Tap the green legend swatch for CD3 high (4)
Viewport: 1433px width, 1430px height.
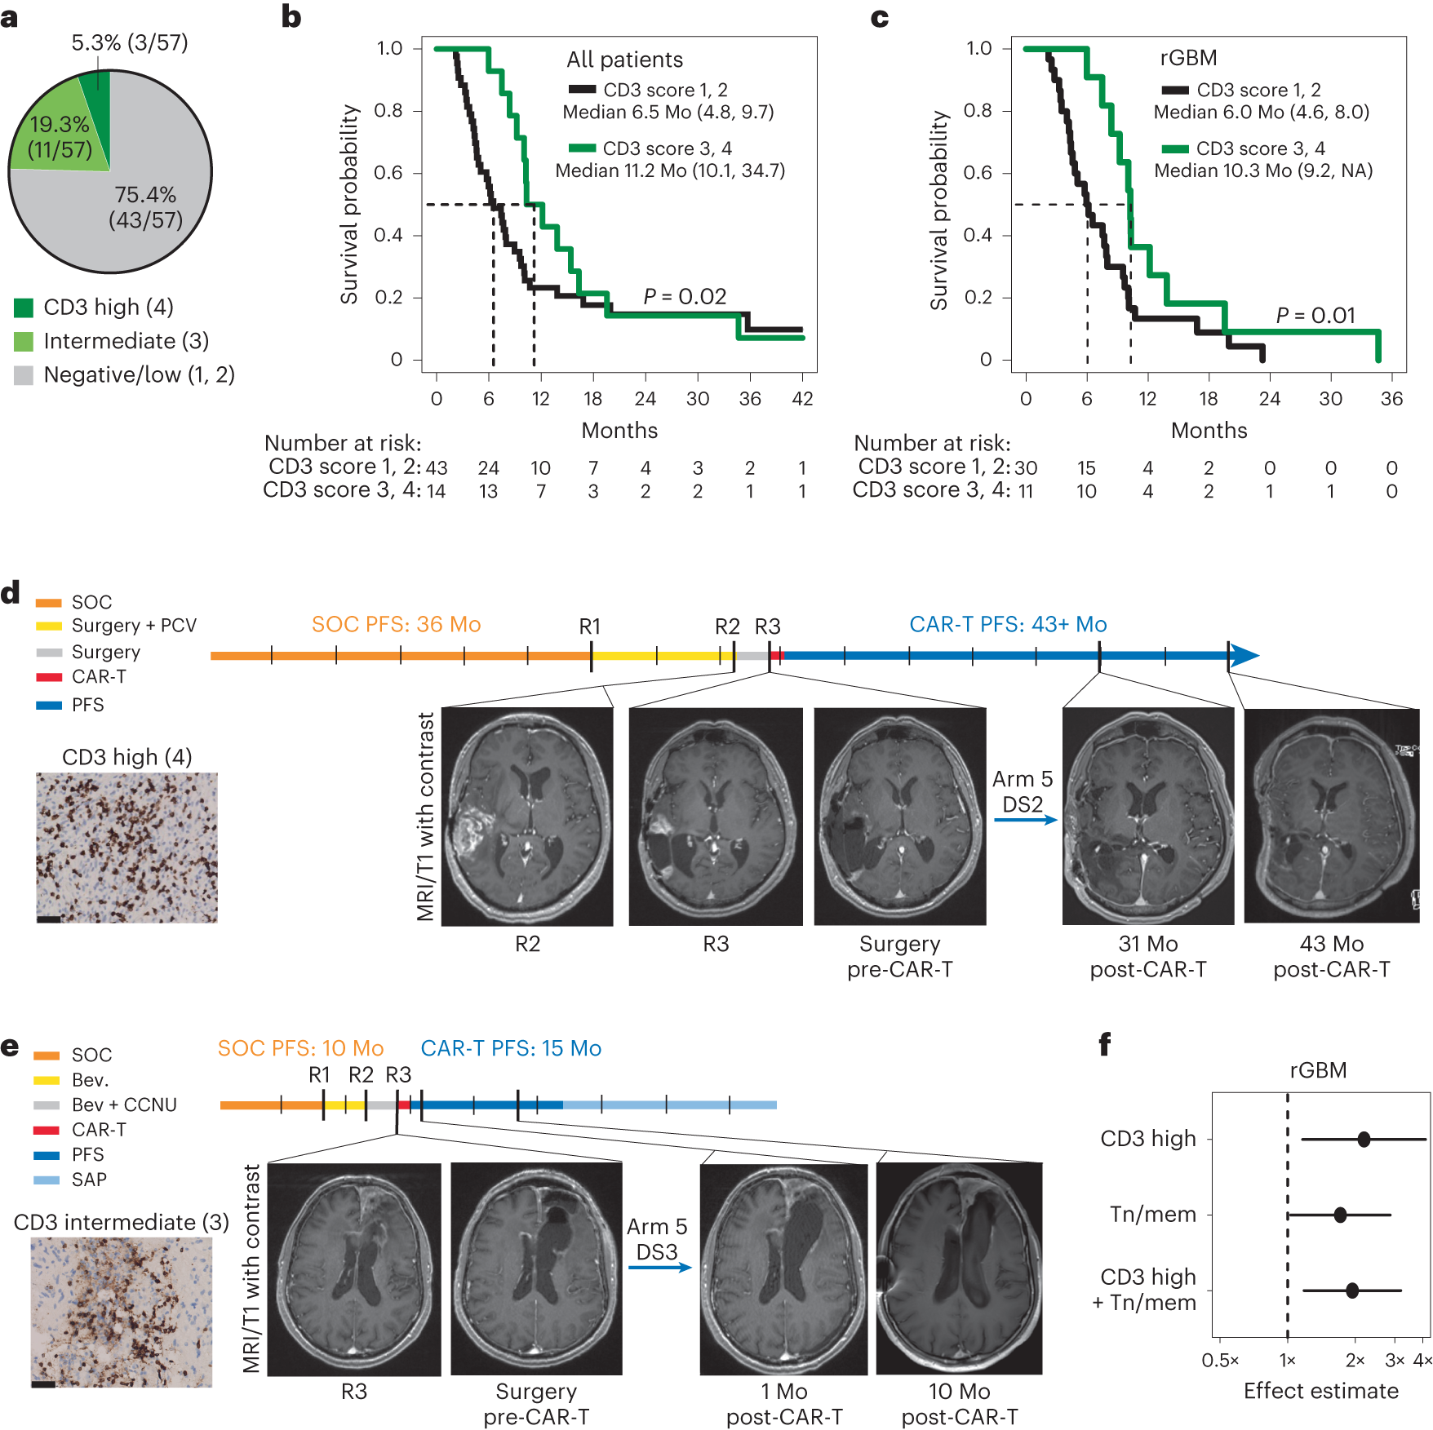(24, 308)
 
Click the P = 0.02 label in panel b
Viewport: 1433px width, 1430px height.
(685, 296)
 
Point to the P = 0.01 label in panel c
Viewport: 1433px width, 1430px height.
(1315, 316)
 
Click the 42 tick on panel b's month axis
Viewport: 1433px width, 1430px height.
(802, 399)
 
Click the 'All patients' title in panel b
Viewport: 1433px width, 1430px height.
(624, 60)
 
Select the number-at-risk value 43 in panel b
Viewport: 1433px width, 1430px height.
(437, 468)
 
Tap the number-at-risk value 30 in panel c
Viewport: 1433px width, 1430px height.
(1026, 468)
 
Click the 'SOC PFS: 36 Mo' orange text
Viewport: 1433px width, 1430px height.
(396, 625)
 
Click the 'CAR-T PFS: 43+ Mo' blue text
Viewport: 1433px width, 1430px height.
(1008, 625)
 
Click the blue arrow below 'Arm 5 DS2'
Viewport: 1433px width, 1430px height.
(1025, 820)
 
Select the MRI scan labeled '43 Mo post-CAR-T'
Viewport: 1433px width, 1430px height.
(1331, 816)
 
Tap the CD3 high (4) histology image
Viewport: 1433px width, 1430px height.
(126, 848)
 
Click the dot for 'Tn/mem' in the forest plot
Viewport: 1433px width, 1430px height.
(1340, 1215)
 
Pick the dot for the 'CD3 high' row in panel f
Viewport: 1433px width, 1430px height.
(1364, 1139)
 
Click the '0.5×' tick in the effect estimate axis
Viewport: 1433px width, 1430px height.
(1220, 1361)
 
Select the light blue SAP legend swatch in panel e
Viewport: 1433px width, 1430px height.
(47, 1180)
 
